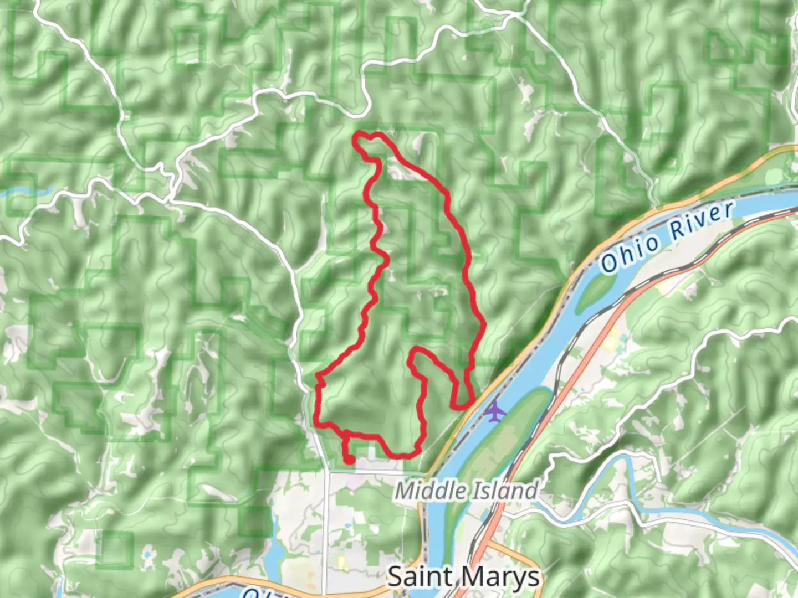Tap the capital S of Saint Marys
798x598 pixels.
[396, 577]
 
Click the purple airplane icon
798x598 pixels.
[494, 411]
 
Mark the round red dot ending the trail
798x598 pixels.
[350, 459]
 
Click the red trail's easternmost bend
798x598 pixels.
[484, 324]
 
